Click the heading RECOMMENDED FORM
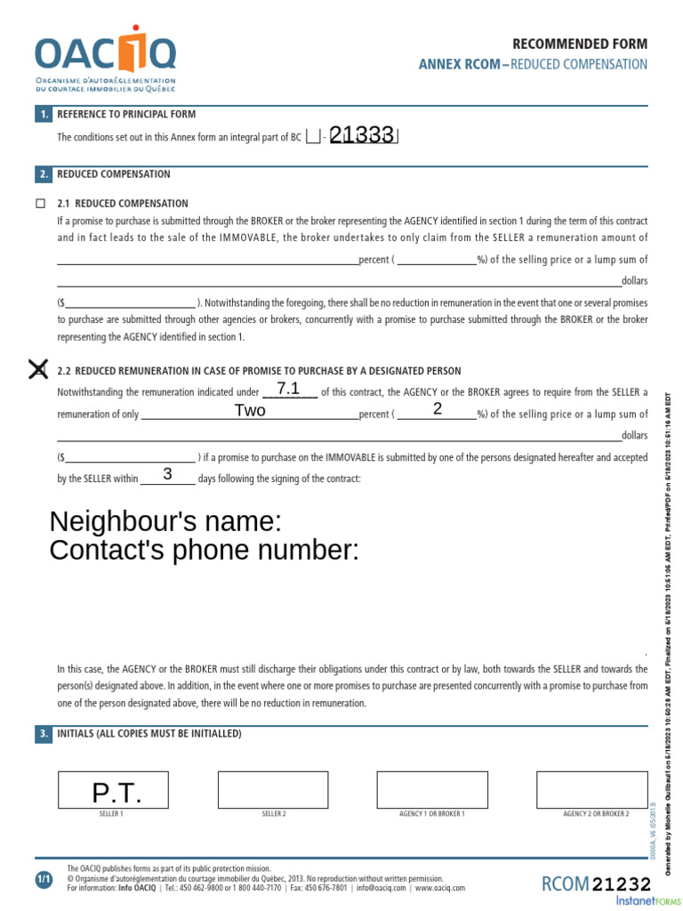pyautogui.click(x=580, y=44)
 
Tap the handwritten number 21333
pyautogui.click(x=362, y=135)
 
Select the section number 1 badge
pyautogui.click(x=44, y=114)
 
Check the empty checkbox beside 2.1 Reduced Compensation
pyautogui.click(x=40, y=204)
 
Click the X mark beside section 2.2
pyautogui.click(x=38, y=369)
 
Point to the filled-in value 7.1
pyautogui.click(x=289, y=389)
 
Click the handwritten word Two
pyautogui.click(x=250, y=410)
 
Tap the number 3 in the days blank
pyautogui.click(x=167, y=474)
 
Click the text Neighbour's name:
pyautogui.click(x=165, y=521)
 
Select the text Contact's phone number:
pyautogui.click(x=205, y=551)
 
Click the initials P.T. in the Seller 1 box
pyautogui.click(x=117, y=794)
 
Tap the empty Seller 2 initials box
pyautogui.click(x=273, y=789)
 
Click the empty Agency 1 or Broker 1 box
pyautogui.click(x=432, y=789)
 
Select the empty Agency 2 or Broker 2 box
pyautogui.click(x=591, y=789)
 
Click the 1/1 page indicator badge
pyautogui.click(x=44, y=880)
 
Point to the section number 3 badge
pyautogui.click(x=44, y=734)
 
